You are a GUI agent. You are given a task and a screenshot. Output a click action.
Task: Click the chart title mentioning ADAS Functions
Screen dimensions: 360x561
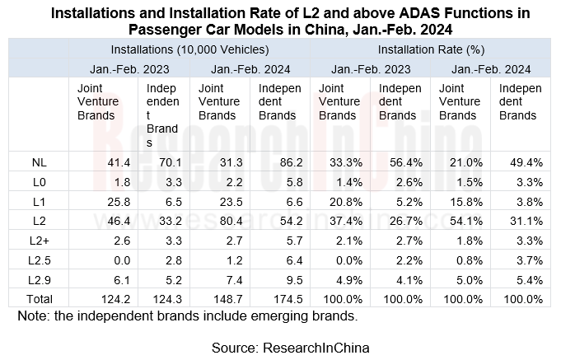pyautogui.click(x=280, y=21)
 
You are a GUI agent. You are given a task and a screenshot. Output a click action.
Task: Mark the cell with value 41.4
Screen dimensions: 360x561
pyautogui.click(x=101, y=164)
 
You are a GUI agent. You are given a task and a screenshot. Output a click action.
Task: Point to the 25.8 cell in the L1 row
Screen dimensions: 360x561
pyautogui.click(x=101, y=203)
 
